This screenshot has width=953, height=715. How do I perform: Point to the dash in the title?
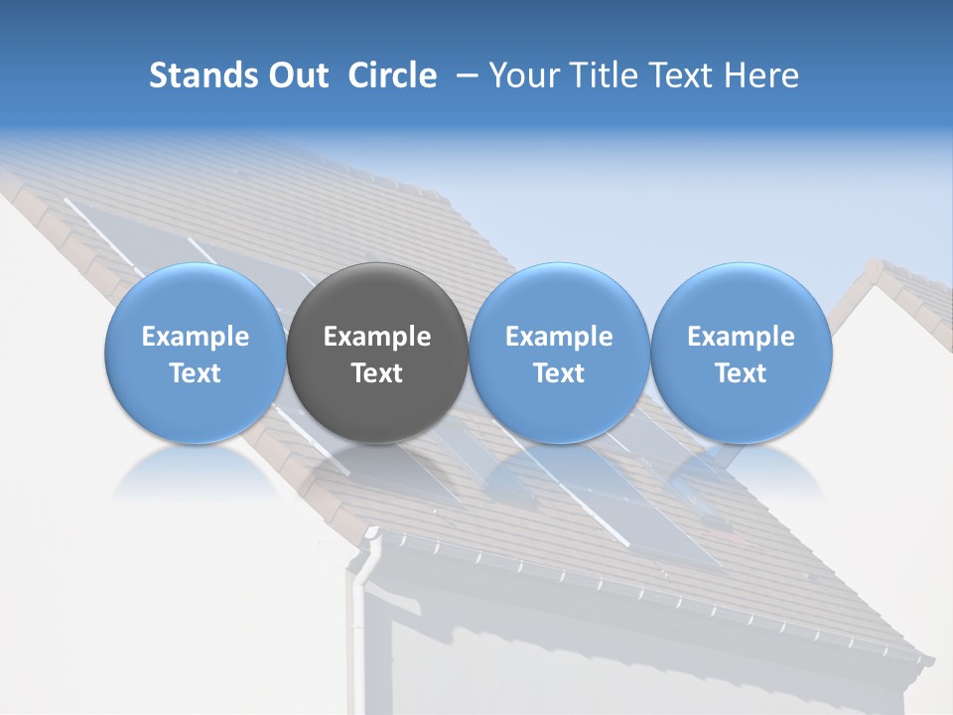pyautogui.click(x=464, y=75)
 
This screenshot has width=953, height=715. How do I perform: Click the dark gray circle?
pyautogui.click(x=377, y=353)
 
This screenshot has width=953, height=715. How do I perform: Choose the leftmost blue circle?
pyautogui.click(x=196, y=353)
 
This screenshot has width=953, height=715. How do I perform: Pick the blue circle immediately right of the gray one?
pyautogui.click(x=559, y=353)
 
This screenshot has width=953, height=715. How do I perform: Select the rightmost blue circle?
pyautogui.click(x=741, y=353)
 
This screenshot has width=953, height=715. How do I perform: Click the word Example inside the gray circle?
pyautogui.click(x=377, y=337)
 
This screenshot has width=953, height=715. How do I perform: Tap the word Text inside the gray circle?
pyautogui.click(x=377, y=373)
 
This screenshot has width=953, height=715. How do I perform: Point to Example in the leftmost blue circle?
pyautogui.click(x=196, y=337)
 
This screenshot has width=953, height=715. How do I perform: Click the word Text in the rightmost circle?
pyautogui.click(x=741, y=373)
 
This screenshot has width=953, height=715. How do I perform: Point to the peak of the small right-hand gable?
pyautogui.click(x=875, y=265)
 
